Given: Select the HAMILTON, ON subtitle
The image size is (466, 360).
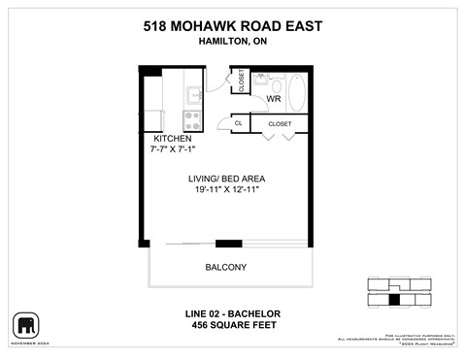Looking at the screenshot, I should click(x=232, y=43).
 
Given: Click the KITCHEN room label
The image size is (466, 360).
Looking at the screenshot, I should click(x=173, y=139).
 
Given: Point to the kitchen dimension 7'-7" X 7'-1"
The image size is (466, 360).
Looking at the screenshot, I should click(x=173, y=149).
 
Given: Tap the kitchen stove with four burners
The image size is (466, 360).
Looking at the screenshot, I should click(x=192, y=121).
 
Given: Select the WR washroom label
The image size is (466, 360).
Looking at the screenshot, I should click(x=274, y=99).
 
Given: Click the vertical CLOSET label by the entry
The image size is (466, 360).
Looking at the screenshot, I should click(x=239, y=82).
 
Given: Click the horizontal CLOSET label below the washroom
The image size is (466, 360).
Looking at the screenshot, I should click(x=280, y=124).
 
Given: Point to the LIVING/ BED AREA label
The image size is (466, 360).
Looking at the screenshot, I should click(x=226, y=179).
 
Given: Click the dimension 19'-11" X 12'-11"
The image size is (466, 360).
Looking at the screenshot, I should click(x=226, y=190).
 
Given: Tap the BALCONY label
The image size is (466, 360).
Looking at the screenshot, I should click(x=225, y=267).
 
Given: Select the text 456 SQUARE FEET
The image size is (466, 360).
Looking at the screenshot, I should click(x=232, y=325).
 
